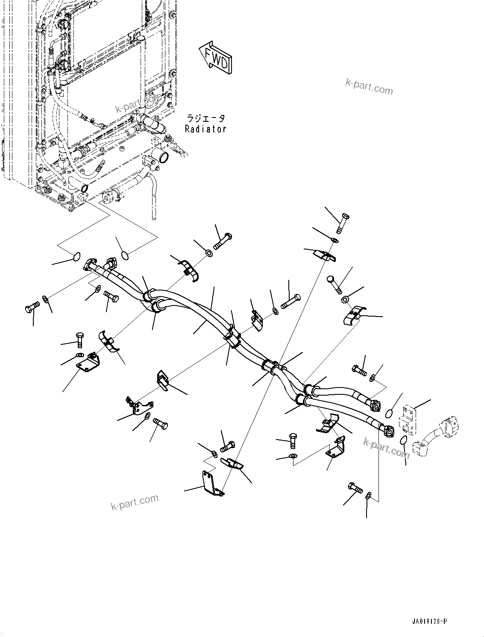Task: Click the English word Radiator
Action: point(205,129)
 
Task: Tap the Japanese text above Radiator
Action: point(205,118)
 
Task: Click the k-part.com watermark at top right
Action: point(369,87)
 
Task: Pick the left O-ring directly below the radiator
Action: point(75,256)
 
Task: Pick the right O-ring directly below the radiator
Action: point(125,255)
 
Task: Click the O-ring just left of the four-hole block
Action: point(390,413)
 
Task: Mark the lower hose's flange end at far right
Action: point(388,430)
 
